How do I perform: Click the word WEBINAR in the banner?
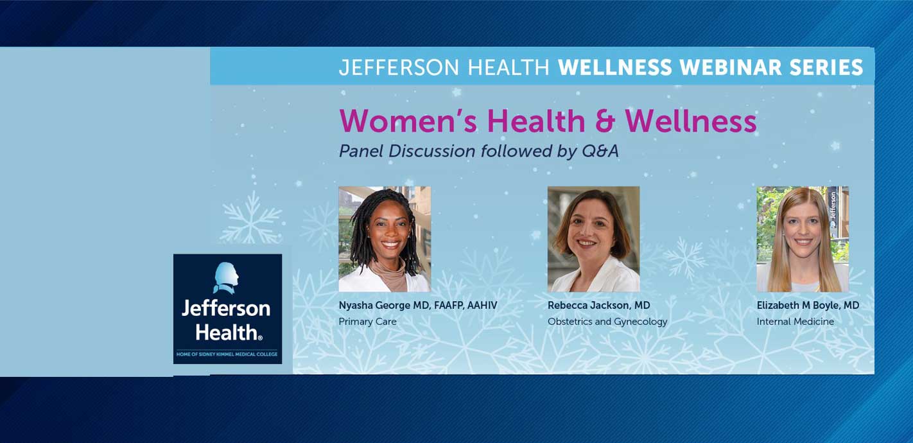(x=731, y=67)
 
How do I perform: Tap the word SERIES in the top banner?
(x=826, y=67)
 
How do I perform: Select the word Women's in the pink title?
(x=408, y=121)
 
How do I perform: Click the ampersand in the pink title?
(x=605, y=121)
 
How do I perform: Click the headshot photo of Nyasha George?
(x=385, y=239)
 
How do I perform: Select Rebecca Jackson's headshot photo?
(x=593, y=239)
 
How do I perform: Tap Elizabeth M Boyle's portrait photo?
(x=803, y=239)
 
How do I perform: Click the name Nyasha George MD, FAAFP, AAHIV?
(x=418, y=305)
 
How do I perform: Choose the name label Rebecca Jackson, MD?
(x=599, y=305)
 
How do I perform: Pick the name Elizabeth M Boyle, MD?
(x=808, y=305)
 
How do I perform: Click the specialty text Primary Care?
(x=368, y=322)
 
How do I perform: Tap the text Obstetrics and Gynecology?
(x=607, y=322)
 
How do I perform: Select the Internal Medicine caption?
(x=796, y=322)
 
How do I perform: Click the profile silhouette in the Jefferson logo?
(x=226, y=277)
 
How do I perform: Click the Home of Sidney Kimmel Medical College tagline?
(x=227, y=354)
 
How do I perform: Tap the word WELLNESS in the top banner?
(x=615, y=67)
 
